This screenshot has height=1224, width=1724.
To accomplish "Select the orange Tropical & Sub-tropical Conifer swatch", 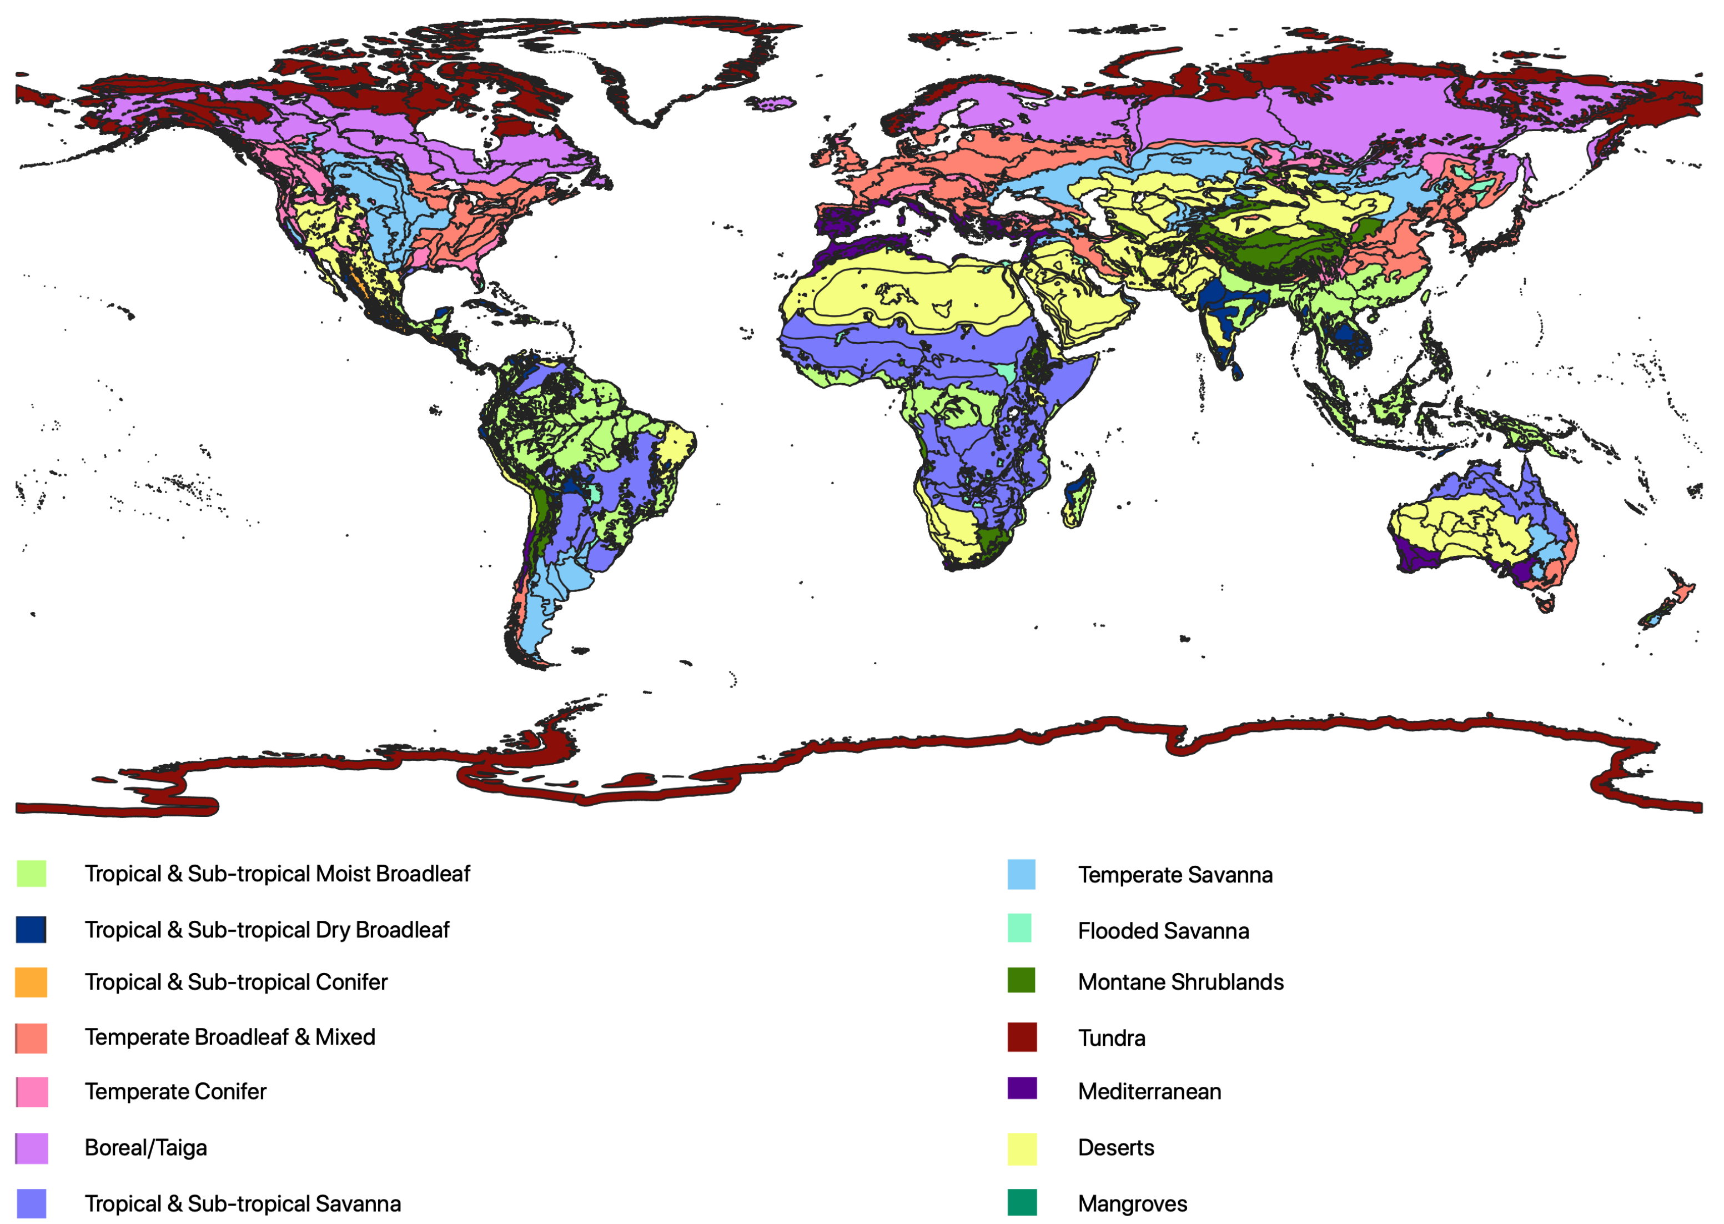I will pos(31,982).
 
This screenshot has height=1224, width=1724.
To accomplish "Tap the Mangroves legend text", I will pos(1132,1203).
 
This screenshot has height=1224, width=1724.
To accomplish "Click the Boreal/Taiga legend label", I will pos(145,1147).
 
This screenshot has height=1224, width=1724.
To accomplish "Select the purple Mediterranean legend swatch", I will pos(1022,1088).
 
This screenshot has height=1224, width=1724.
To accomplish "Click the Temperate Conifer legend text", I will pos(175,1091).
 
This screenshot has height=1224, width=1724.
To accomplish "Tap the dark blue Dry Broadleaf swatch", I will pos(31,929).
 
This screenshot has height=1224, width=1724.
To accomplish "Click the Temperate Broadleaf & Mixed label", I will pos(230,1037).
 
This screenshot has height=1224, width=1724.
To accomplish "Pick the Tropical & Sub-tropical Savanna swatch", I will pos(31,1203).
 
